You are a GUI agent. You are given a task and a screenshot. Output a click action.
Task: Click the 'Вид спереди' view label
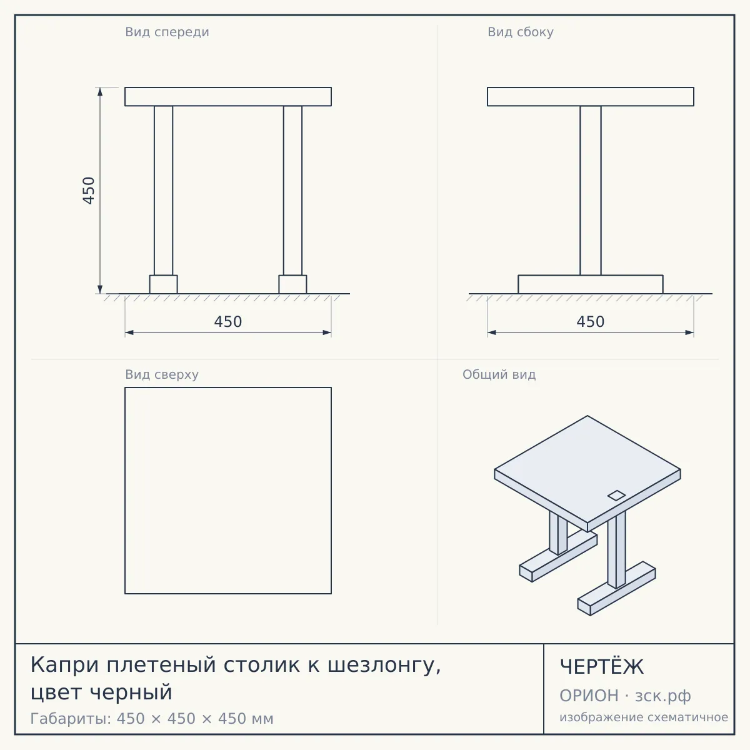click(x=167, y=32)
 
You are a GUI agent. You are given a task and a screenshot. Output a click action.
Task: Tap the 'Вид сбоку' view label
click(x=521, y=32)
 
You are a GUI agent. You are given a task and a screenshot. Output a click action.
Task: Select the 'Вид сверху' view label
click(x=162, y=374)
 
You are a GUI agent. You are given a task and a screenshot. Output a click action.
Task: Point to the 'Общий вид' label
click(x=499, y=374)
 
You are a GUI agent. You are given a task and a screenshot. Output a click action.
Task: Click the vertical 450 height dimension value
click(x=89, y=191)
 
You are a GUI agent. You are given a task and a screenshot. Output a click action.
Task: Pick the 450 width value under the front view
click(x=228, y=322)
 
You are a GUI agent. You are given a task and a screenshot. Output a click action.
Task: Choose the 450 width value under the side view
click(x=591, y=322)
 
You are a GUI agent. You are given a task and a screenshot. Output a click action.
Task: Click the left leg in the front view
click(x=164, y=191)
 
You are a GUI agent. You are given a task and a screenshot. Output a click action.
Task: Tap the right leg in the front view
click(x=292, y=191)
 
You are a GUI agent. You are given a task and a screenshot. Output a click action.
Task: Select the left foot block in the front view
click(x=164, y=284)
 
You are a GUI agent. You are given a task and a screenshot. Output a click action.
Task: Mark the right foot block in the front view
click(x=292, y=284)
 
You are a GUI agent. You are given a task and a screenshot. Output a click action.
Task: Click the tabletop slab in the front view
click(x=228, y=96)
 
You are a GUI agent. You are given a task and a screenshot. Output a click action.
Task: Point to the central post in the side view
click(x=591, y=191)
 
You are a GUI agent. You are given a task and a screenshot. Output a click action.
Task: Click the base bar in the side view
click(x=591, y=284)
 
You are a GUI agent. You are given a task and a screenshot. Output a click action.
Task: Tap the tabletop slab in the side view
click(x=591, y=96)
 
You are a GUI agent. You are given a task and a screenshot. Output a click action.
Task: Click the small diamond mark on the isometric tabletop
click(x=616, y=496)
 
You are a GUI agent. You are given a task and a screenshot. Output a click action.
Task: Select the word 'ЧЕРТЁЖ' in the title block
click(x=602, y=667)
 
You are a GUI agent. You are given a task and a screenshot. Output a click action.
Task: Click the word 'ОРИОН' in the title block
click(x=589, y=696)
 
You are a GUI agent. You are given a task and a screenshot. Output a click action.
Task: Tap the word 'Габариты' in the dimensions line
click(x=71, y=719)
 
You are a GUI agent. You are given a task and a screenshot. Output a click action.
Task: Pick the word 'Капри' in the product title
click(x=64, y=666)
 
